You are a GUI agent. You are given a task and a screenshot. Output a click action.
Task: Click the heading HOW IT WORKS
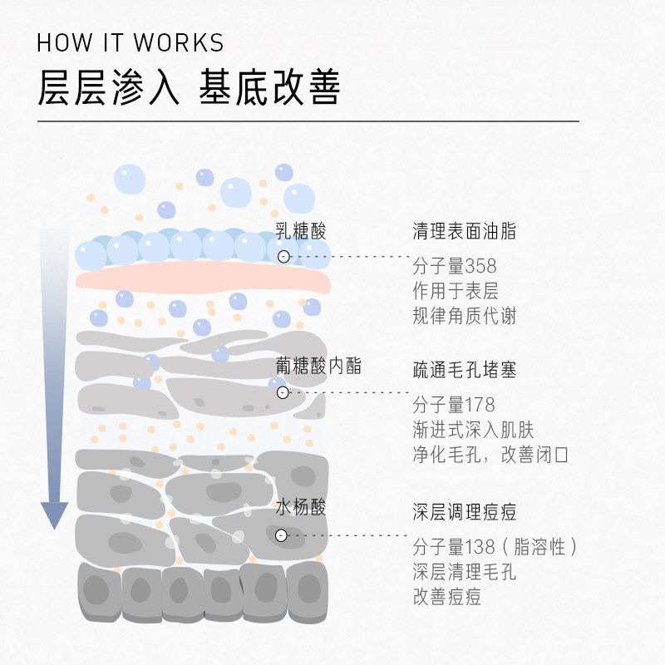(131, 42)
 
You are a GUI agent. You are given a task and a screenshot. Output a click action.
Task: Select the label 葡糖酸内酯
(319, 367)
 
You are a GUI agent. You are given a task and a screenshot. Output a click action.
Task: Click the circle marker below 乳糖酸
(283, 257)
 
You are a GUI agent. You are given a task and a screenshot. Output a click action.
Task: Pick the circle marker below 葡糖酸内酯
(283, 392)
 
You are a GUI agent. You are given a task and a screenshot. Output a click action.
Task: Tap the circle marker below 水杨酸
(282, 535)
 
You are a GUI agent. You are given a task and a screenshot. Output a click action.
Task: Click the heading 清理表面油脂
(464, 232)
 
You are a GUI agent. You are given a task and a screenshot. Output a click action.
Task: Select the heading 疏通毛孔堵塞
(464, 370)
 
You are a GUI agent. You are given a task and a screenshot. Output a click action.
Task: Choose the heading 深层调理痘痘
(464, 510)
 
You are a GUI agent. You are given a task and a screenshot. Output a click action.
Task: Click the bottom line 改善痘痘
(447, 597)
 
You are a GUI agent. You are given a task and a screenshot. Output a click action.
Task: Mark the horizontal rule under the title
(308, 121)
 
